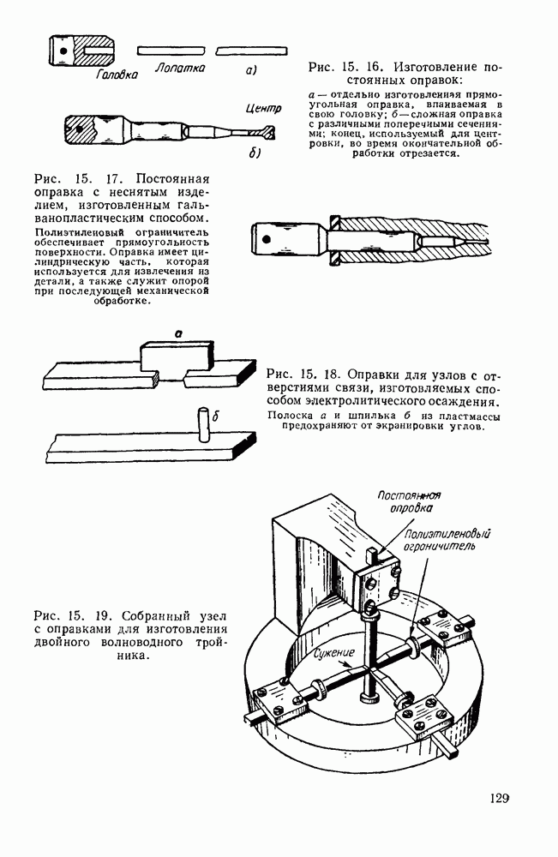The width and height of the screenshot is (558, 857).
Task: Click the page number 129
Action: [x=499, y=799]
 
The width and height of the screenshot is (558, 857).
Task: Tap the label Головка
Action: [x=117, y=75]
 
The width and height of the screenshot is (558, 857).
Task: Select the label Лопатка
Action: [x=180, y=68]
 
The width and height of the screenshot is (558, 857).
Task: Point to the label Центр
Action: [x=263, y=108]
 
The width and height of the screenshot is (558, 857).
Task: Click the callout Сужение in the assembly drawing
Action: [x=334, y=652]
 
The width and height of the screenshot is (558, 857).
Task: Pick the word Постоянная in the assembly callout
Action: [x=409, y=495]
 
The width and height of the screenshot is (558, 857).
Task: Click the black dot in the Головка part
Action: [x=64, y=51]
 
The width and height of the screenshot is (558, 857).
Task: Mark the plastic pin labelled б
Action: [x=203, y=423]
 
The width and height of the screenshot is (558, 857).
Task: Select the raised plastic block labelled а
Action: [x=177, y=356]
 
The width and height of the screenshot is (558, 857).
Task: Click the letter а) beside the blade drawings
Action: [x=251, y=70]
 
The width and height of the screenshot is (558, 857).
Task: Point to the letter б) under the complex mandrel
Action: [x=254, y=153]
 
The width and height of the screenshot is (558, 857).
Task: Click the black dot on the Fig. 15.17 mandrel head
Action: [x=267, y=239]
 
